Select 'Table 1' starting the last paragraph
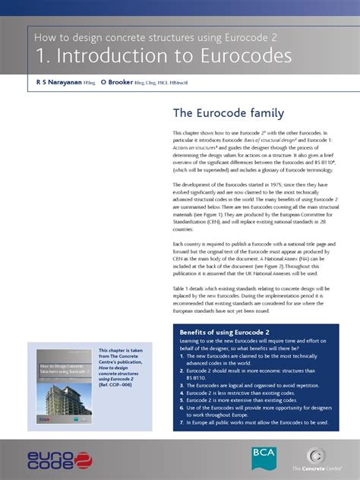183,289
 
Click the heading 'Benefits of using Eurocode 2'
224,333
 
